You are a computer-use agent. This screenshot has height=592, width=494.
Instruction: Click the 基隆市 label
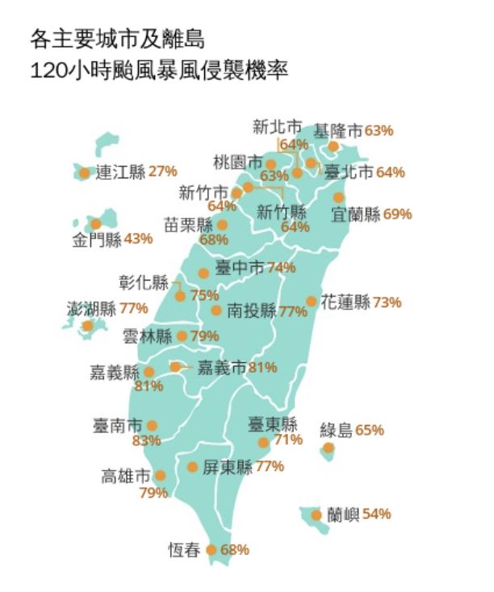coord(338,130)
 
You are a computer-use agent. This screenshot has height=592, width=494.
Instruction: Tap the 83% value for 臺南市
coord(146,441)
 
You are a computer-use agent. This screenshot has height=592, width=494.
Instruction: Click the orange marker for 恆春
coord(212,550)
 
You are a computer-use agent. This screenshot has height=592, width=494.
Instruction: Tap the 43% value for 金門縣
coord(138,239)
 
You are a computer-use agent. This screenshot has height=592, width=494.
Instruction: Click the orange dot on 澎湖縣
coord(87,326)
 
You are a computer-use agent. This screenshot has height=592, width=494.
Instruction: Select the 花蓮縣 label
coord(345,302)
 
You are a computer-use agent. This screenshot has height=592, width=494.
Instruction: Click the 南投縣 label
coord(252,311)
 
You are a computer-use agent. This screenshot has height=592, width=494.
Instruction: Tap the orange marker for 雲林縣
coord(182,336)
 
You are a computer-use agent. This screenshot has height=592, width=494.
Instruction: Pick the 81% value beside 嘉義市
coord(263,368)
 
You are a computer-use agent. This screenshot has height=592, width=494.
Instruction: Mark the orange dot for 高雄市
coord(160,476)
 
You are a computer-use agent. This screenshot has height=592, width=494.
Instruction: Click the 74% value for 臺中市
coord(281,268)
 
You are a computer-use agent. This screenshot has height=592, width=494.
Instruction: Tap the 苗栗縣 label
coord(188,224)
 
